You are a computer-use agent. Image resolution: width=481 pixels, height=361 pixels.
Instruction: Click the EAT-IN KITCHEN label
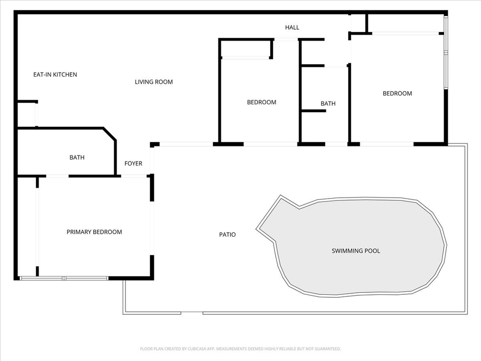[x=55, y=75]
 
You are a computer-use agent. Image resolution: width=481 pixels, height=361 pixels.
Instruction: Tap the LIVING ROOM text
[x=154, y=82]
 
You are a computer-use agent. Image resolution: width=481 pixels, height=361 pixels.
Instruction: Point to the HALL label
[x=292, y=27]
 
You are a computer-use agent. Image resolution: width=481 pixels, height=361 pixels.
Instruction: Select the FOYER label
[x=133, y=163]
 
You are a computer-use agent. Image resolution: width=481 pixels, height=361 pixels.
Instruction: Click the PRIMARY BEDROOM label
[x=94, y=232]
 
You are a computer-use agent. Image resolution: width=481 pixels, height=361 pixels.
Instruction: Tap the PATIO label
[x=227, y=235]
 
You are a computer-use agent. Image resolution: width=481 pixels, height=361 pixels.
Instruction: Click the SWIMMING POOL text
[x=356, y=251]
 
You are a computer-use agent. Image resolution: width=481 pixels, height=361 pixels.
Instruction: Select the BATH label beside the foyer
[x=77, y=157]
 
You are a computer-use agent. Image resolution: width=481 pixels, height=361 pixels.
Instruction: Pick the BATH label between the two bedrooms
[x=328, y=103]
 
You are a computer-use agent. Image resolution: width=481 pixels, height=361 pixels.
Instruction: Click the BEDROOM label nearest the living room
[x=262, y=102]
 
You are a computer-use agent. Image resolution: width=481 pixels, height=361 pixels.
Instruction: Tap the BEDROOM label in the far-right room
[x=397, y=93]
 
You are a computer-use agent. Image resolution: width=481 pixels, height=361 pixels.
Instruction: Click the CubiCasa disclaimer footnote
[x=241, y=349]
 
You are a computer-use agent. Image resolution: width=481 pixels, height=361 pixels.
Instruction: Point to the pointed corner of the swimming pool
[x=257, y=229]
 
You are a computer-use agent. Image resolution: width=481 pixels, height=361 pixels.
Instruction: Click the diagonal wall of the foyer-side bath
[x=110, y=134]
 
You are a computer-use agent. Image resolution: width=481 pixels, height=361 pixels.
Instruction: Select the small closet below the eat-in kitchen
[x=27, y=114]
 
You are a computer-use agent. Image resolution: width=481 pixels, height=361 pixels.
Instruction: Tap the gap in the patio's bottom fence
[x=192, y=313]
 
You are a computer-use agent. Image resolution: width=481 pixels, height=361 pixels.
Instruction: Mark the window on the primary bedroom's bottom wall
[x=64, y=278]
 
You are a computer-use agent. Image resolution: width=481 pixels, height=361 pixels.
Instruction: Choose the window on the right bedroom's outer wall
[x=446, y=52]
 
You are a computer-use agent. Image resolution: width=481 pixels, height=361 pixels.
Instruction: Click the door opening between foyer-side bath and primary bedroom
[x=57, y=176]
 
